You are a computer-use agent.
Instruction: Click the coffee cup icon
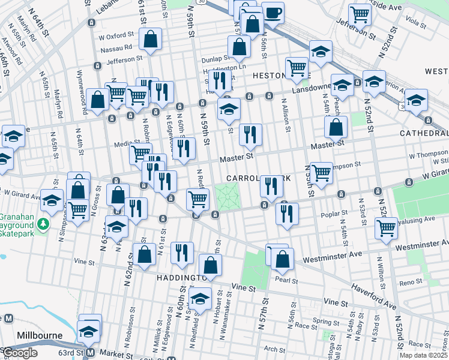(x=273, y=13)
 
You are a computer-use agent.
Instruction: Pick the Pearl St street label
(x=283, y=279)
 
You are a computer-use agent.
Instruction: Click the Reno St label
(x=411, y=282)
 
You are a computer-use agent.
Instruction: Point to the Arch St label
(x=274, y=349)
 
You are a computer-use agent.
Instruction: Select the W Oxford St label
(x=115, y=35)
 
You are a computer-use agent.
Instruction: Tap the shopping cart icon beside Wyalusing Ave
(x=386, y=227)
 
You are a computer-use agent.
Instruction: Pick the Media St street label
(x=124, y=144)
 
